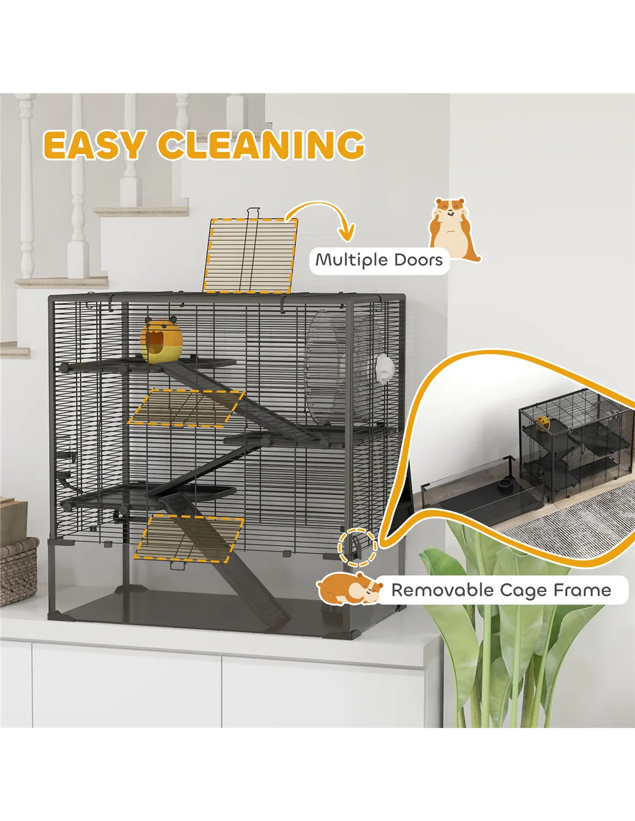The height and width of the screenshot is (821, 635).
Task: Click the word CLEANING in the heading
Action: [261, 145]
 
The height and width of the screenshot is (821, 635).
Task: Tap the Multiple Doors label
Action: [379, 260]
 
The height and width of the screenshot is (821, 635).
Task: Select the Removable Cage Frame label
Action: [501, 590]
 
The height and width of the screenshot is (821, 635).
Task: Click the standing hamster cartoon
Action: [454, 230]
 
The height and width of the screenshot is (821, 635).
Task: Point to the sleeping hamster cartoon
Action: [348, 588]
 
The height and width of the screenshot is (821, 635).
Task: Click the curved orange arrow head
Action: [346, 233]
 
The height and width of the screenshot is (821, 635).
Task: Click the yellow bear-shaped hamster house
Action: [161, 341]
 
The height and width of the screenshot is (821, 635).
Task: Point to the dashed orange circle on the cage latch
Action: [357, 546]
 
